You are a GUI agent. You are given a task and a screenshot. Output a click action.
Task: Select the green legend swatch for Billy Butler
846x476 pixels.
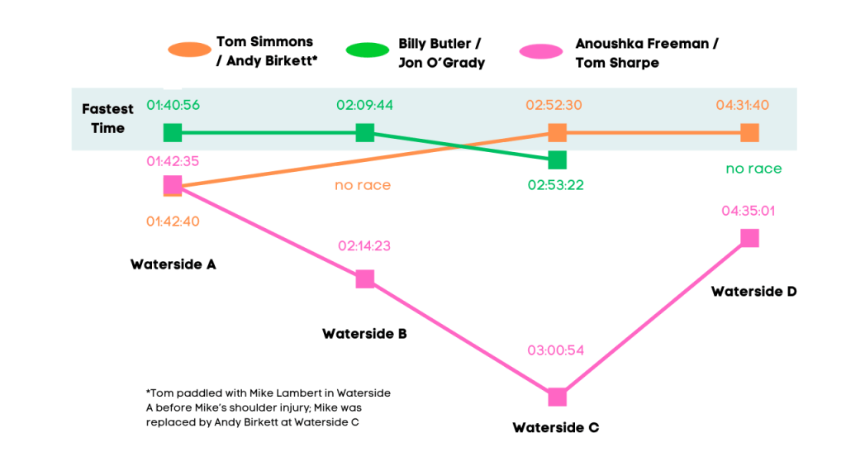point(368,50)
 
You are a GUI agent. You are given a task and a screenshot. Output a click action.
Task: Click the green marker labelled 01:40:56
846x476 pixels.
point(172,132)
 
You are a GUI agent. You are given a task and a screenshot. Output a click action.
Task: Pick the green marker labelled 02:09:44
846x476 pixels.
point(365,132)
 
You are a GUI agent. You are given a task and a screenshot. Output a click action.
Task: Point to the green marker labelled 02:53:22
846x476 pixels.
point(558,159)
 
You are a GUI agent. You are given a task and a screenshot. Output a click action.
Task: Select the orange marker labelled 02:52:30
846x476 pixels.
point(558,132)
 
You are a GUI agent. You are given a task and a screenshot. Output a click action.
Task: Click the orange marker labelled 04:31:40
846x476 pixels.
point(749,132)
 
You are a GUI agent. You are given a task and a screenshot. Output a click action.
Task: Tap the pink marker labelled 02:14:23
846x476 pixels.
point(365,278)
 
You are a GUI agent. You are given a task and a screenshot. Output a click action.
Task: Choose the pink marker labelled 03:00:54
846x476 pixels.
point(558,397)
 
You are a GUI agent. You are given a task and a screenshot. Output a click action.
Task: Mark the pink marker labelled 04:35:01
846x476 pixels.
point(749,238)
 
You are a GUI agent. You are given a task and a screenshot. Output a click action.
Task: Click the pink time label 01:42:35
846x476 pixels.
point(173,161)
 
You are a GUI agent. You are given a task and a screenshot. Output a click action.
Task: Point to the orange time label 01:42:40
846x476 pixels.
point(173,221)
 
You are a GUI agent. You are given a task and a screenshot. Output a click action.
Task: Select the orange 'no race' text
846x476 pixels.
point(363,185)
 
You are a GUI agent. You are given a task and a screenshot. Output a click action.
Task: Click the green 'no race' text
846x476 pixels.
point(753,169)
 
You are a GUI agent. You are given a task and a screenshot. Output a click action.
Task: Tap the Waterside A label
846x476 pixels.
point(173,264)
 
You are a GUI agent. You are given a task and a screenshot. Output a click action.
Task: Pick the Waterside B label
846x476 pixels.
point(364,335)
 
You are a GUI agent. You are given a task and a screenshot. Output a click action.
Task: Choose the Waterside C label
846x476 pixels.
point(556,428)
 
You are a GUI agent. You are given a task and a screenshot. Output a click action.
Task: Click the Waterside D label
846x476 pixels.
point(753,292)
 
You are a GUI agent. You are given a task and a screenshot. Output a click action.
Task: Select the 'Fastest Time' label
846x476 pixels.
point(108,119)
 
